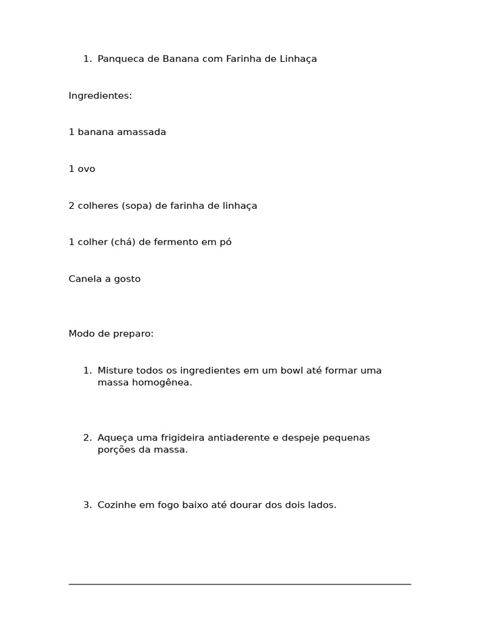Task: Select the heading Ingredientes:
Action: click(x=100, y=96)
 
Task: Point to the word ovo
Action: click(x=86, y=169)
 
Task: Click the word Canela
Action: click(x=84, y=279)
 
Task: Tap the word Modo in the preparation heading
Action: click(x=81, y=334)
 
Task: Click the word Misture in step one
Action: click(x=116, y=371)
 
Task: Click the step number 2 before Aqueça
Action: click(x=87, y=438)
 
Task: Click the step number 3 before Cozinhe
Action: click(x=87, y=505)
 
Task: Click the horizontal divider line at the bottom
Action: click(x=240, y=584)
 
